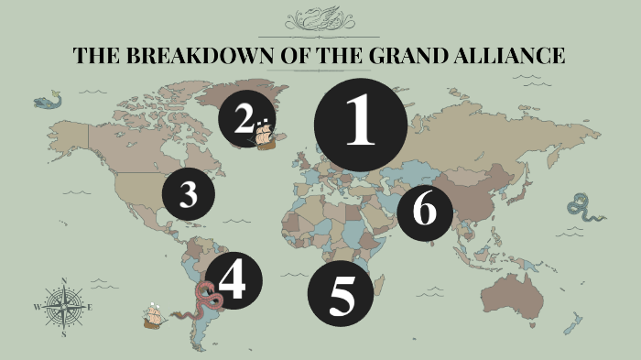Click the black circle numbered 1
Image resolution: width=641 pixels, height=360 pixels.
tap(360, 125)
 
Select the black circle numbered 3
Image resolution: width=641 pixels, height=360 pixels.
tap(189, 194)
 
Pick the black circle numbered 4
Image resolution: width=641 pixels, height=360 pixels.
tap(233, 281)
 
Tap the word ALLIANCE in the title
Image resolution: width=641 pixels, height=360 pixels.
tap(508, 55)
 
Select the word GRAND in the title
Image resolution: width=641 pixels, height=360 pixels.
tap(400, 55)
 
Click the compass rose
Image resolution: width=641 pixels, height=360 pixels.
tap(63, 307)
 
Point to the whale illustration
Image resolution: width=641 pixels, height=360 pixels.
tap(49, 99)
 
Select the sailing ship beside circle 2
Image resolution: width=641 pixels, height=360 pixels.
tap(265, 136)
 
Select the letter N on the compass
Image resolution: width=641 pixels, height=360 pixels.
tap(63, 279)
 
